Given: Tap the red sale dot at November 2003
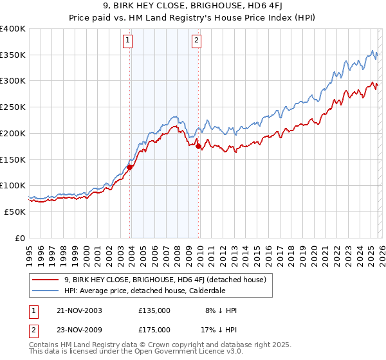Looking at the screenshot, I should [x=129, y=167].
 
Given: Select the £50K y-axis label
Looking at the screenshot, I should [x=15, y=212].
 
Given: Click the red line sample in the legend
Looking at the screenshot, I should [x=46, y=280].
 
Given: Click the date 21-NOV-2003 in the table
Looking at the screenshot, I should [x=78, y=310].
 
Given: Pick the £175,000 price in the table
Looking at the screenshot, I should [x=154, y=330].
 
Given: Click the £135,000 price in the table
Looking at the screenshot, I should [x=154, y=310].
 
